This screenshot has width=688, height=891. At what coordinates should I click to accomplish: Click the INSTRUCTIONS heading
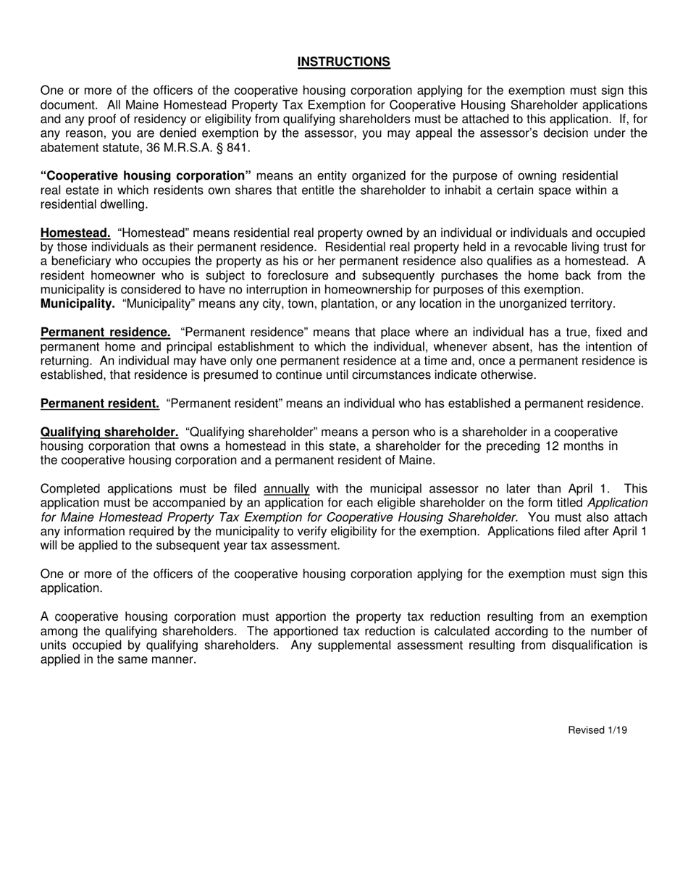click(x=344, y=62)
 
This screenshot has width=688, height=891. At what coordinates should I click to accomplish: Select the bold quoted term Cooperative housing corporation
click(x=146, y=176)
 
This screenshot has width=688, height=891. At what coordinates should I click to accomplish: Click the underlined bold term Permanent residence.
click(x=106, y=332)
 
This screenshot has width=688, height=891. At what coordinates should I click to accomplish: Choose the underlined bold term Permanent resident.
click(x=100, y=403)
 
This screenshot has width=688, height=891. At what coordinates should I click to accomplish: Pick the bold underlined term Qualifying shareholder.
click(x=109, y=432)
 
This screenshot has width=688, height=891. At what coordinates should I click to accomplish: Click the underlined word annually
click(x=286, y=489)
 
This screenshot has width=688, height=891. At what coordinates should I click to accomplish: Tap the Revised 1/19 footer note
click(x=597, y=730)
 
